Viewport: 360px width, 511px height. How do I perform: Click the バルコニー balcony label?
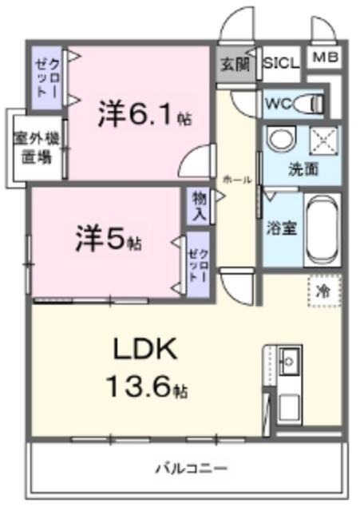click(192, 468)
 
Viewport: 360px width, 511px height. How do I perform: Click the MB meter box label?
click(323, 57)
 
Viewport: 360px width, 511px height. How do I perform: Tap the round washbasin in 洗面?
click(280, 141)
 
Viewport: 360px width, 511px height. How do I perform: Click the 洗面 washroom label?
click(303, 168)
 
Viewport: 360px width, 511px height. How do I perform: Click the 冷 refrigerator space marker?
click(324, 291)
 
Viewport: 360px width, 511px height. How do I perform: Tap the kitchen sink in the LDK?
click(289, 359)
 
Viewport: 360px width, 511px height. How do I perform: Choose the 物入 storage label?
click(199, 207)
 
